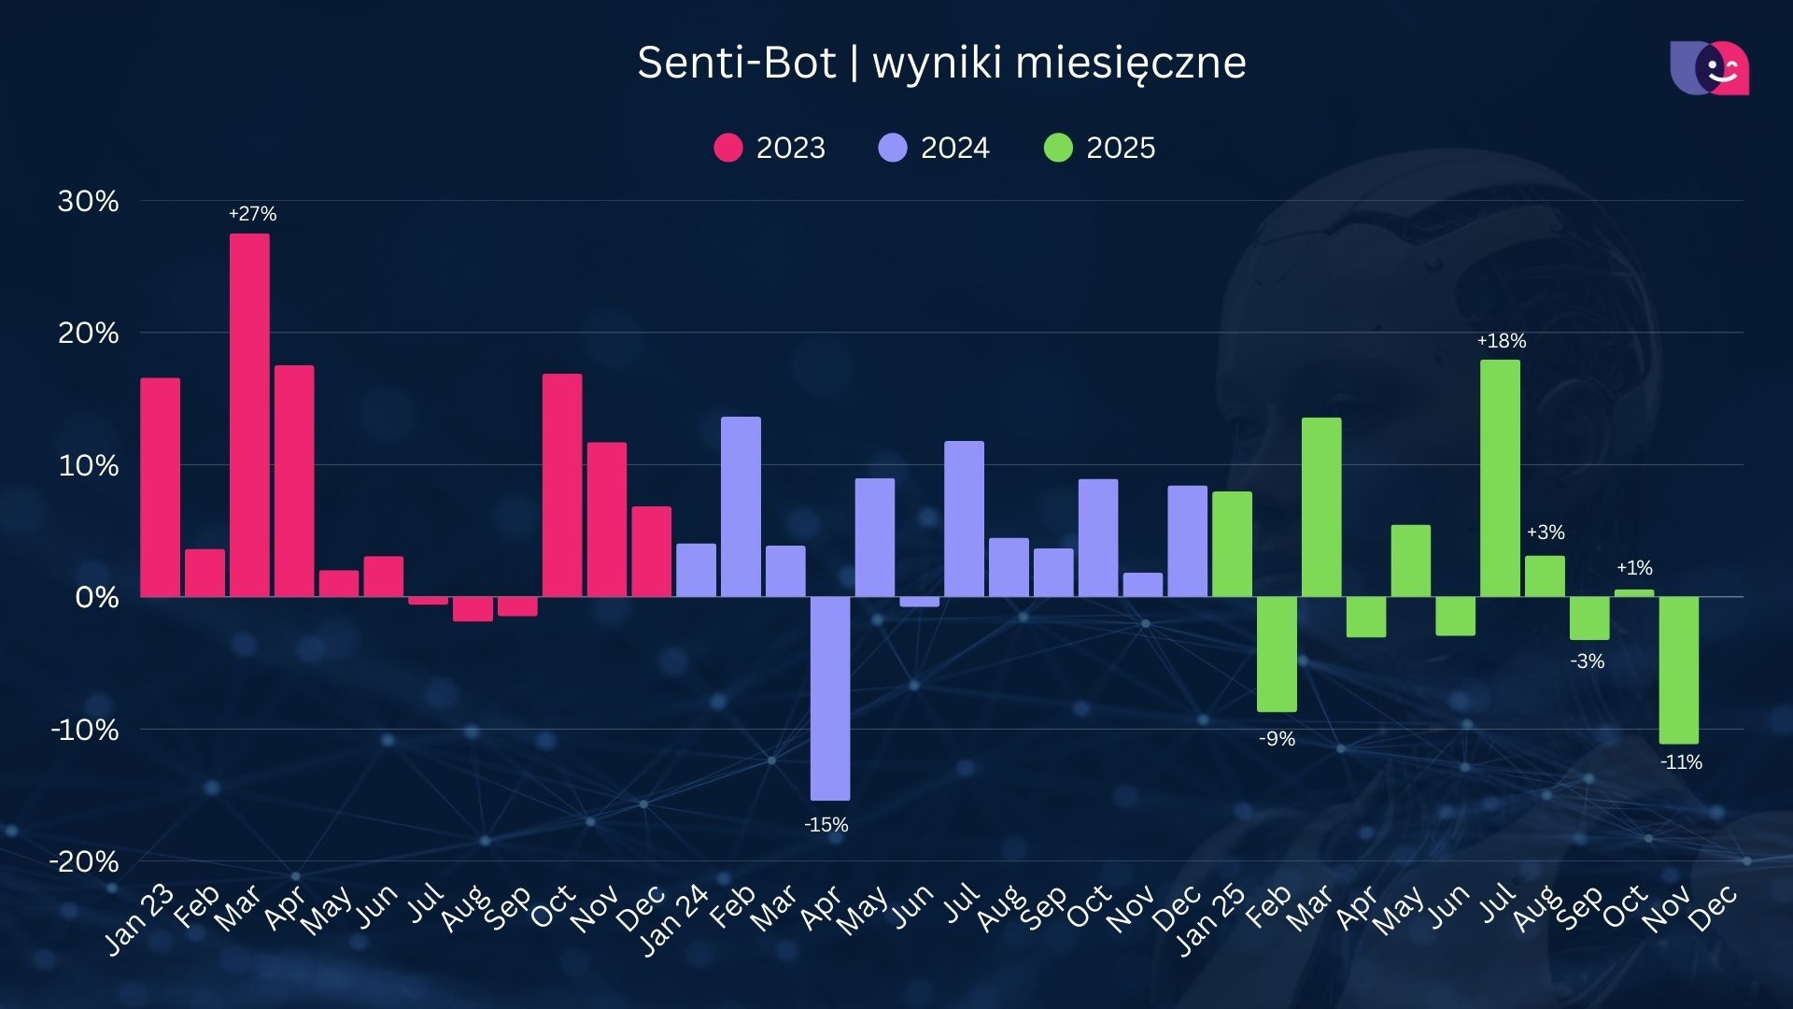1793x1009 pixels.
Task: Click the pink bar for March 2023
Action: pos(249,415)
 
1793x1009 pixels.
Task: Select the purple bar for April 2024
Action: pos(829,698)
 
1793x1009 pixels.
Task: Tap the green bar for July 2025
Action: pos(1500,478)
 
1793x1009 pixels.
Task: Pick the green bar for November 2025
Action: pos(1678,670)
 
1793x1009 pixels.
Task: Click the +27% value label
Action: pos(252,214)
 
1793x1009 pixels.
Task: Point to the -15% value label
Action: pos(826,825)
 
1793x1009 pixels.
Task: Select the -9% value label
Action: pos(1277,739)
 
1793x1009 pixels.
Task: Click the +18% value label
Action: pos(1501,341)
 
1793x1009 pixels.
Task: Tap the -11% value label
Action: pos(1681,762)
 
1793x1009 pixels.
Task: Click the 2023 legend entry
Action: pos(769,148)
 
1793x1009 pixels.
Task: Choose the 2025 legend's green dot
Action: pos(1058,148)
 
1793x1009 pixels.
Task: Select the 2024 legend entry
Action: pos(934,148)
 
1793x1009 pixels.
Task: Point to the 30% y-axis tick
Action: pos(89,201)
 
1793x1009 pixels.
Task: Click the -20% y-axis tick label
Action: pos(84,861)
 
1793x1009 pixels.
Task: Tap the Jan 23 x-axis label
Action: pos(138,920)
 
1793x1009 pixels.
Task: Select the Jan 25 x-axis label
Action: pos(1210,920)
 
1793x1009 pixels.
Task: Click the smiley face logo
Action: pos(1710,68)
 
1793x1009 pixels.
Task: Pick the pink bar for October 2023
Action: pos(562,485)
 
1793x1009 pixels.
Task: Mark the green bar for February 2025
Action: pos(1277,654)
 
